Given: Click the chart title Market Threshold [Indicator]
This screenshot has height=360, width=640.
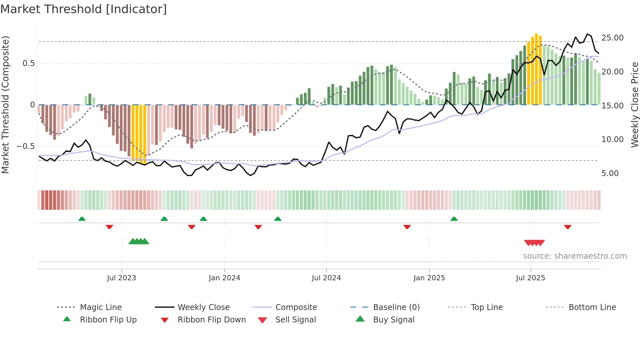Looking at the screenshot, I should (84, 9).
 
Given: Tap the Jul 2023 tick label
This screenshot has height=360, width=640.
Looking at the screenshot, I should (121, 278).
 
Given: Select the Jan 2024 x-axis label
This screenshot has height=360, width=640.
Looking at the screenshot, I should (224, 278).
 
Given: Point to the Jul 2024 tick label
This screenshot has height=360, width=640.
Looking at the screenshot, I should (326, 278).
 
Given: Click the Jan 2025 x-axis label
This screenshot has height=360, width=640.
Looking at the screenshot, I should (429, 278).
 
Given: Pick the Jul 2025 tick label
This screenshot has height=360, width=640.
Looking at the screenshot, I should (531, 278).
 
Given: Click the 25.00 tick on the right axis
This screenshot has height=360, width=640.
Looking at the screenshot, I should (612, 38).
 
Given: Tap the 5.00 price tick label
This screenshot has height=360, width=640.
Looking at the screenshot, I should (610, 173).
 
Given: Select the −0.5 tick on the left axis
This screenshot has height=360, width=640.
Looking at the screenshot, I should (26, 146).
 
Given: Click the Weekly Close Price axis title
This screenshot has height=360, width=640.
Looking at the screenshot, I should (634, 105).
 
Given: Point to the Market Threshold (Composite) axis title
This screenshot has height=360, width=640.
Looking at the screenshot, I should (5, 105).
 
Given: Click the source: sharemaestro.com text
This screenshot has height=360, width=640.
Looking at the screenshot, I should (575, 256).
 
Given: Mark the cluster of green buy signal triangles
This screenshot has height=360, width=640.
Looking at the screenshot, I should (139, 241).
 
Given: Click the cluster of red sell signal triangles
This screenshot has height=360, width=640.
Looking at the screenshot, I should (535, 243).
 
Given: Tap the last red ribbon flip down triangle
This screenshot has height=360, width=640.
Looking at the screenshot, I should (568, 227).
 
